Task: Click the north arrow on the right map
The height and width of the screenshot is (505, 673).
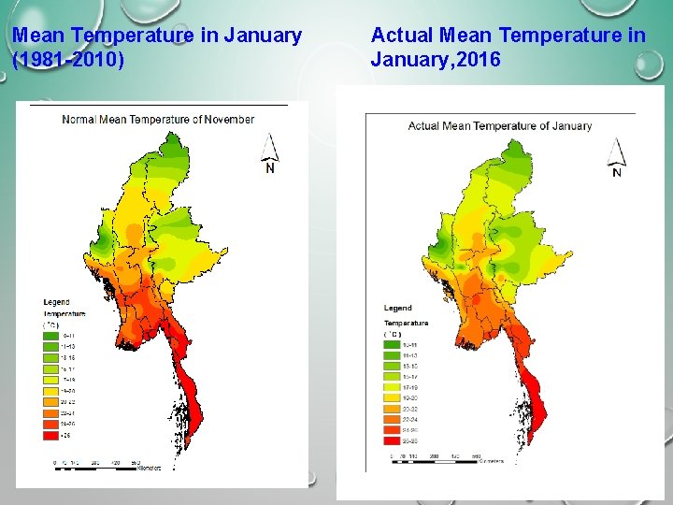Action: click(616, 157)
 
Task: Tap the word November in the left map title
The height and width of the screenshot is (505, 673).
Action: click(228, 119)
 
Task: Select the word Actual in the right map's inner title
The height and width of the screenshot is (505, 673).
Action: click(423, 125)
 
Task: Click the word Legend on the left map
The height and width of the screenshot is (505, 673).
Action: click(56, 302)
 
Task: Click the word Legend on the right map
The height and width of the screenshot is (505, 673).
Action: click(397, 308)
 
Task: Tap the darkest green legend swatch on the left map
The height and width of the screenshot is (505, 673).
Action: click(49, 334)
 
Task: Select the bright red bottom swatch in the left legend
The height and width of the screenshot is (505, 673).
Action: click(49, 435)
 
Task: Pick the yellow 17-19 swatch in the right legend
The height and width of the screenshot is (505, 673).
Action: click(392, 385)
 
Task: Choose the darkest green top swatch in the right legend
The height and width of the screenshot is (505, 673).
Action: click(392, 343)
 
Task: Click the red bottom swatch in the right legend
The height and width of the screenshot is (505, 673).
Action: click(392, 440)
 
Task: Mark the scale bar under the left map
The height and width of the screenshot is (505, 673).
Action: click(103, 465)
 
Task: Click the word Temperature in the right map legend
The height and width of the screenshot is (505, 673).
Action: click(406, 323)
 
